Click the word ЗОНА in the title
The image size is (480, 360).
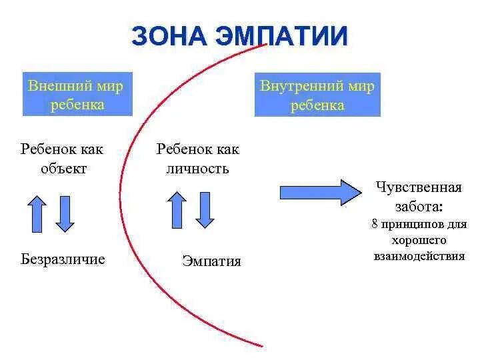(169, 36)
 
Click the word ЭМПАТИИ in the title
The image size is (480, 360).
(280, 36)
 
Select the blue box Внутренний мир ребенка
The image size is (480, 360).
(317, 95)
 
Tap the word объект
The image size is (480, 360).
(63, 168)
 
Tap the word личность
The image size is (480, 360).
(197, 168)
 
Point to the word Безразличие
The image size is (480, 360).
(63, 259)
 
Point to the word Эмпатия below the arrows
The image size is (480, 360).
(211, 261)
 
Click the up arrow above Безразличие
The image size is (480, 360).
(37, 213)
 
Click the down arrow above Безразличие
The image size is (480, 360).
(65, 213)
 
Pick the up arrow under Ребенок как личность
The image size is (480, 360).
(177, 209)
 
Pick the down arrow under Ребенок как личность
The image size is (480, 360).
(205, 209)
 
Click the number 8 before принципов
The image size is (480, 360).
(375, 224)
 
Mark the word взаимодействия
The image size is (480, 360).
(419, 256)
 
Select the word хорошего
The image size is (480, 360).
(419, 240)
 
